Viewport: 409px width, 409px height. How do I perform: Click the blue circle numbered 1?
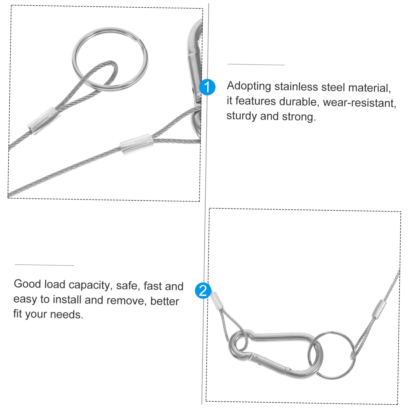[207, 87]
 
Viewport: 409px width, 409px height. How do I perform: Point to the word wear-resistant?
[359, 103]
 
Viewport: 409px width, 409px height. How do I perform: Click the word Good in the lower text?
[27, 284]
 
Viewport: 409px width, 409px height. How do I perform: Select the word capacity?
[89, 285]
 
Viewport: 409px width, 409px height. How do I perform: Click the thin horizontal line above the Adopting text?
[256, 64]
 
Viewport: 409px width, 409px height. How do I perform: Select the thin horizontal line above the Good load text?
[44, 265]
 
